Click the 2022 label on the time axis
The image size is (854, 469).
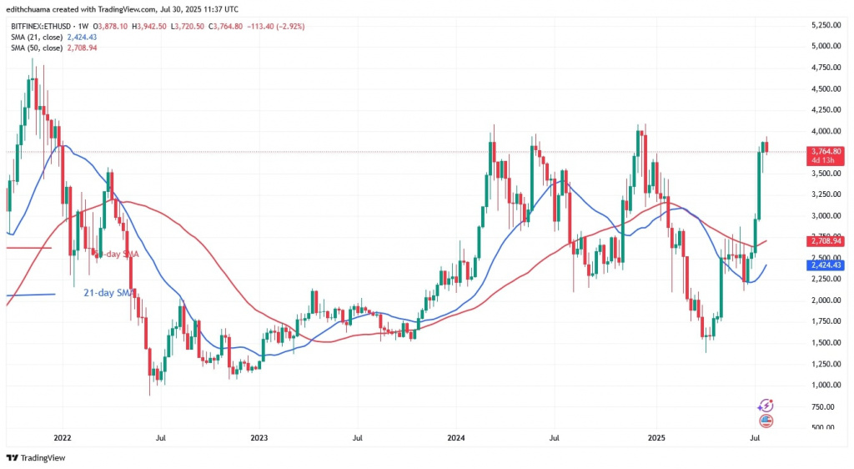pyautogui.click(x=62, y=436)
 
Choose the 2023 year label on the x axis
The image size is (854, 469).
pyautogui.click(x=259, y=436)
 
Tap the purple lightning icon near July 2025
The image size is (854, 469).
pyautogui.click(x=766, y=406)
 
